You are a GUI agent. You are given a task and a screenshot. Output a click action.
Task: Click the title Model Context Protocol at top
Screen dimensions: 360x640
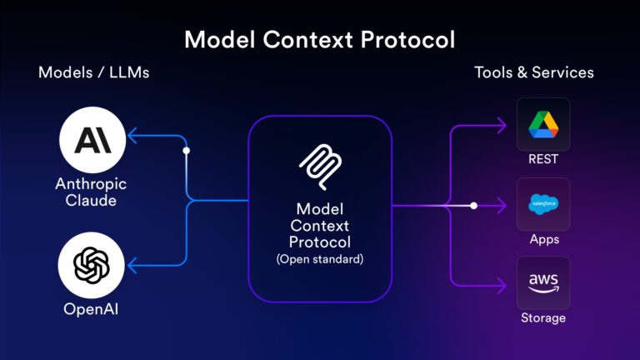[319, 39]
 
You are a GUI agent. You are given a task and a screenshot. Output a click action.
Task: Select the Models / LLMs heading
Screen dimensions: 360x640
[92, 72]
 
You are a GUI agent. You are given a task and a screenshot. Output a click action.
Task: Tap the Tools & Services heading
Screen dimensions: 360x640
[534, 72]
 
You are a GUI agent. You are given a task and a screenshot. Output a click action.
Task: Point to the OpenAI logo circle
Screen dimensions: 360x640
[92, 266]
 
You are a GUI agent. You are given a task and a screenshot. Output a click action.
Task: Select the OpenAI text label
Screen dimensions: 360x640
[92, 310]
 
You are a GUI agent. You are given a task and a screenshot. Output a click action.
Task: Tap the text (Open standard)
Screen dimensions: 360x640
[319, 259]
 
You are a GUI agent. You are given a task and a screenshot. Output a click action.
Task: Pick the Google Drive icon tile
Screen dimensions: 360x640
[543, 124]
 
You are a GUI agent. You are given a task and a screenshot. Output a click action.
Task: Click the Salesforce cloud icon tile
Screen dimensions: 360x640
[543, 204]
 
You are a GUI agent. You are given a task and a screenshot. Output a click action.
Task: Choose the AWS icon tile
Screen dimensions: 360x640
[543, 283]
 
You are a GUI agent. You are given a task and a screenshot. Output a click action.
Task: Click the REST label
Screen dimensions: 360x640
[543, 159]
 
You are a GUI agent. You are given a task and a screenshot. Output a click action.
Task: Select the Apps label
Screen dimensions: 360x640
[543, 239]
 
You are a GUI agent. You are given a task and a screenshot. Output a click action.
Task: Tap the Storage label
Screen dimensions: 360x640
[543, 318]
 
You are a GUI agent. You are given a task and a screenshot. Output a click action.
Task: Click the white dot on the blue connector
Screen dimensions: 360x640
[187, 151]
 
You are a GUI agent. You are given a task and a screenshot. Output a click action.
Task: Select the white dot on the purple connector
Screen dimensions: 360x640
[473, 205]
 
